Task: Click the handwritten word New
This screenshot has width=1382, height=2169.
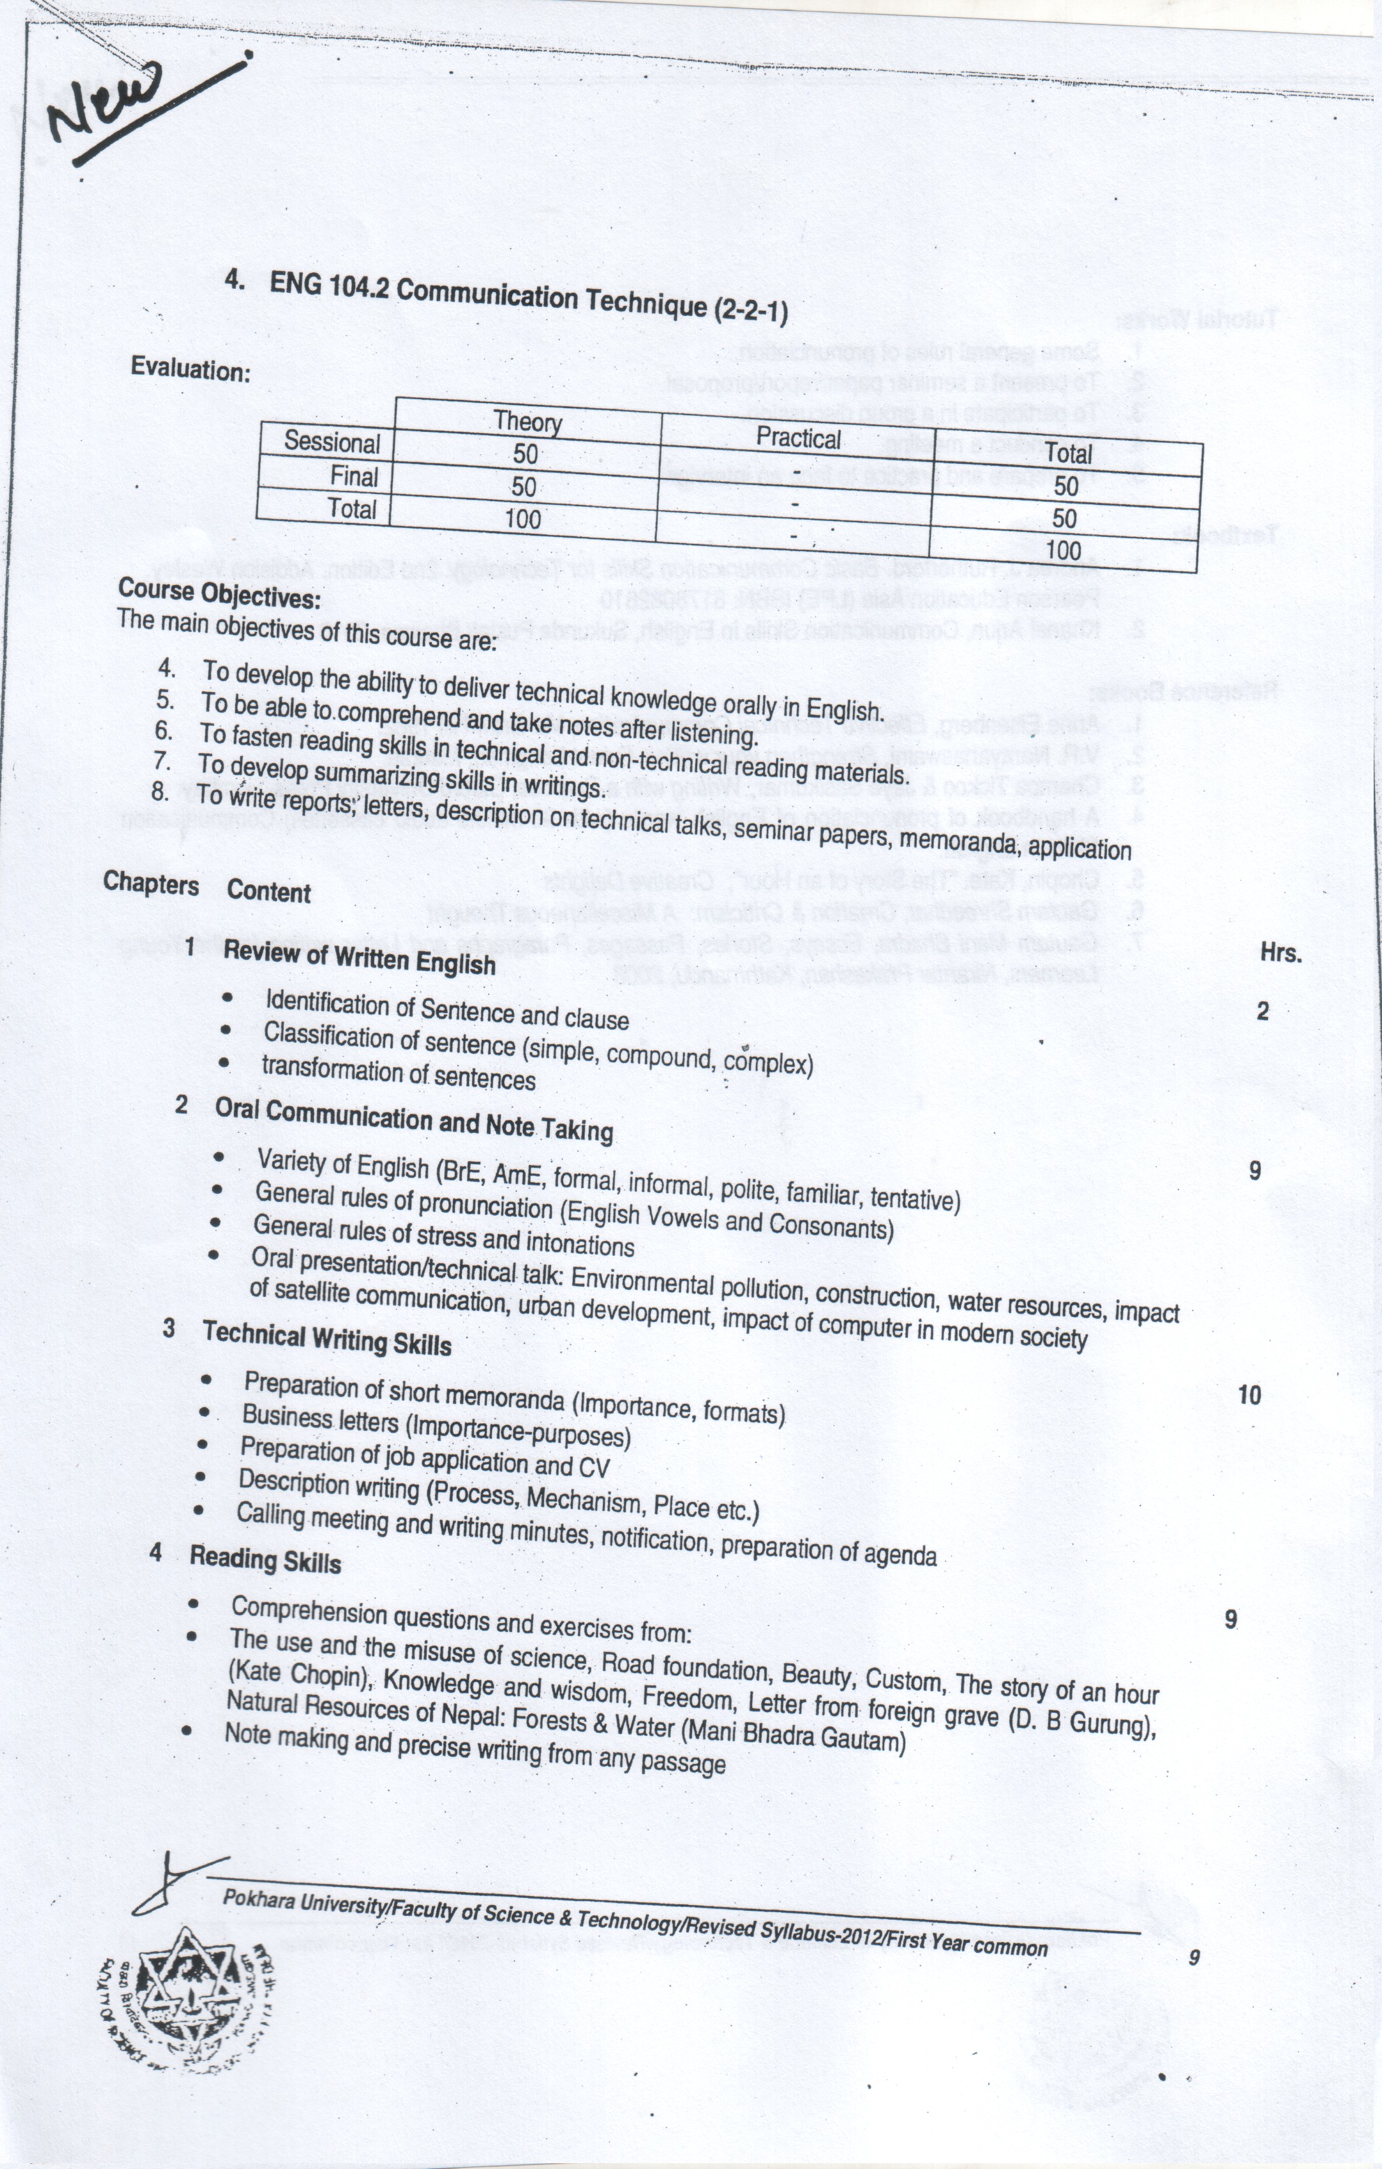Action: click(108, 106)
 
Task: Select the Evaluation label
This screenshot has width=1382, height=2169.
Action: click(190, 369)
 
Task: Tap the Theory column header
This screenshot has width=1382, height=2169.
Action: click(528, 422)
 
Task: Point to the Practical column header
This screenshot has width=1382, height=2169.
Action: click(798, 439)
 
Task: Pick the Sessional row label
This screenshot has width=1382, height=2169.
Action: click(331, 442)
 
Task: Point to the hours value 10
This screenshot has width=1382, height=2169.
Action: click(1249, 1395)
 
